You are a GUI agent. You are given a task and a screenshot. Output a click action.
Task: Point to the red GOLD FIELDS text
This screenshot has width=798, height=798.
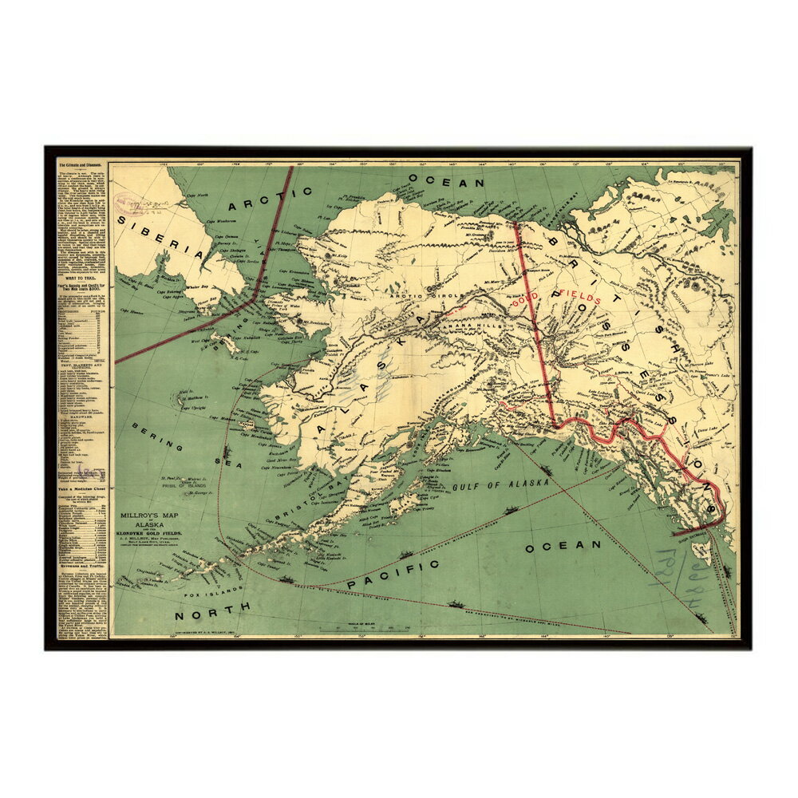pos(556,297)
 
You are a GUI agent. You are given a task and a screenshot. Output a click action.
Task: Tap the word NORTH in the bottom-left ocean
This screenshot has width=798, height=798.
pos(213,610)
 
